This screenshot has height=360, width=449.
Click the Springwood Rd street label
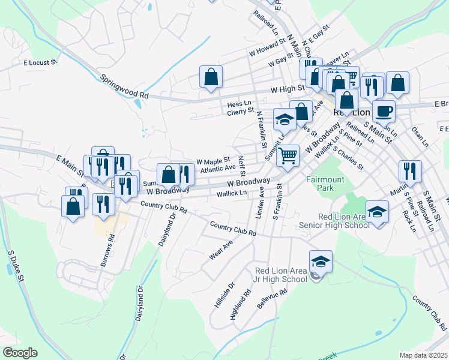(x=124, y=86)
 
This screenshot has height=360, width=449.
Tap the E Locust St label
(x=40, y=62)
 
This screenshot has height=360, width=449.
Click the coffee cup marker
(x=384, y=111)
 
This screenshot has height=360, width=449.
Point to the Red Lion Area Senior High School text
(x=336, y=221)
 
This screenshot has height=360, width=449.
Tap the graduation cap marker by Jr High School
(x=321, y=262)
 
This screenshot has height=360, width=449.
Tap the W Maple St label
(x=213, y=162)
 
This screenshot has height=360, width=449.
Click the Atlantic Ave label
(x=218, y=170)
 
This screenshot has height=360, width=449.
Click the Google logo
(x=20, y=352)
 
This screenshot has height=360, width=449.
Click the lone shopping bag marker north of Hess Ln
(x=211, y=77)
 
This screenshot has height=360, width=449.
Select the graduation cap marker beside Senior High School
(x=378, y=212)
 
